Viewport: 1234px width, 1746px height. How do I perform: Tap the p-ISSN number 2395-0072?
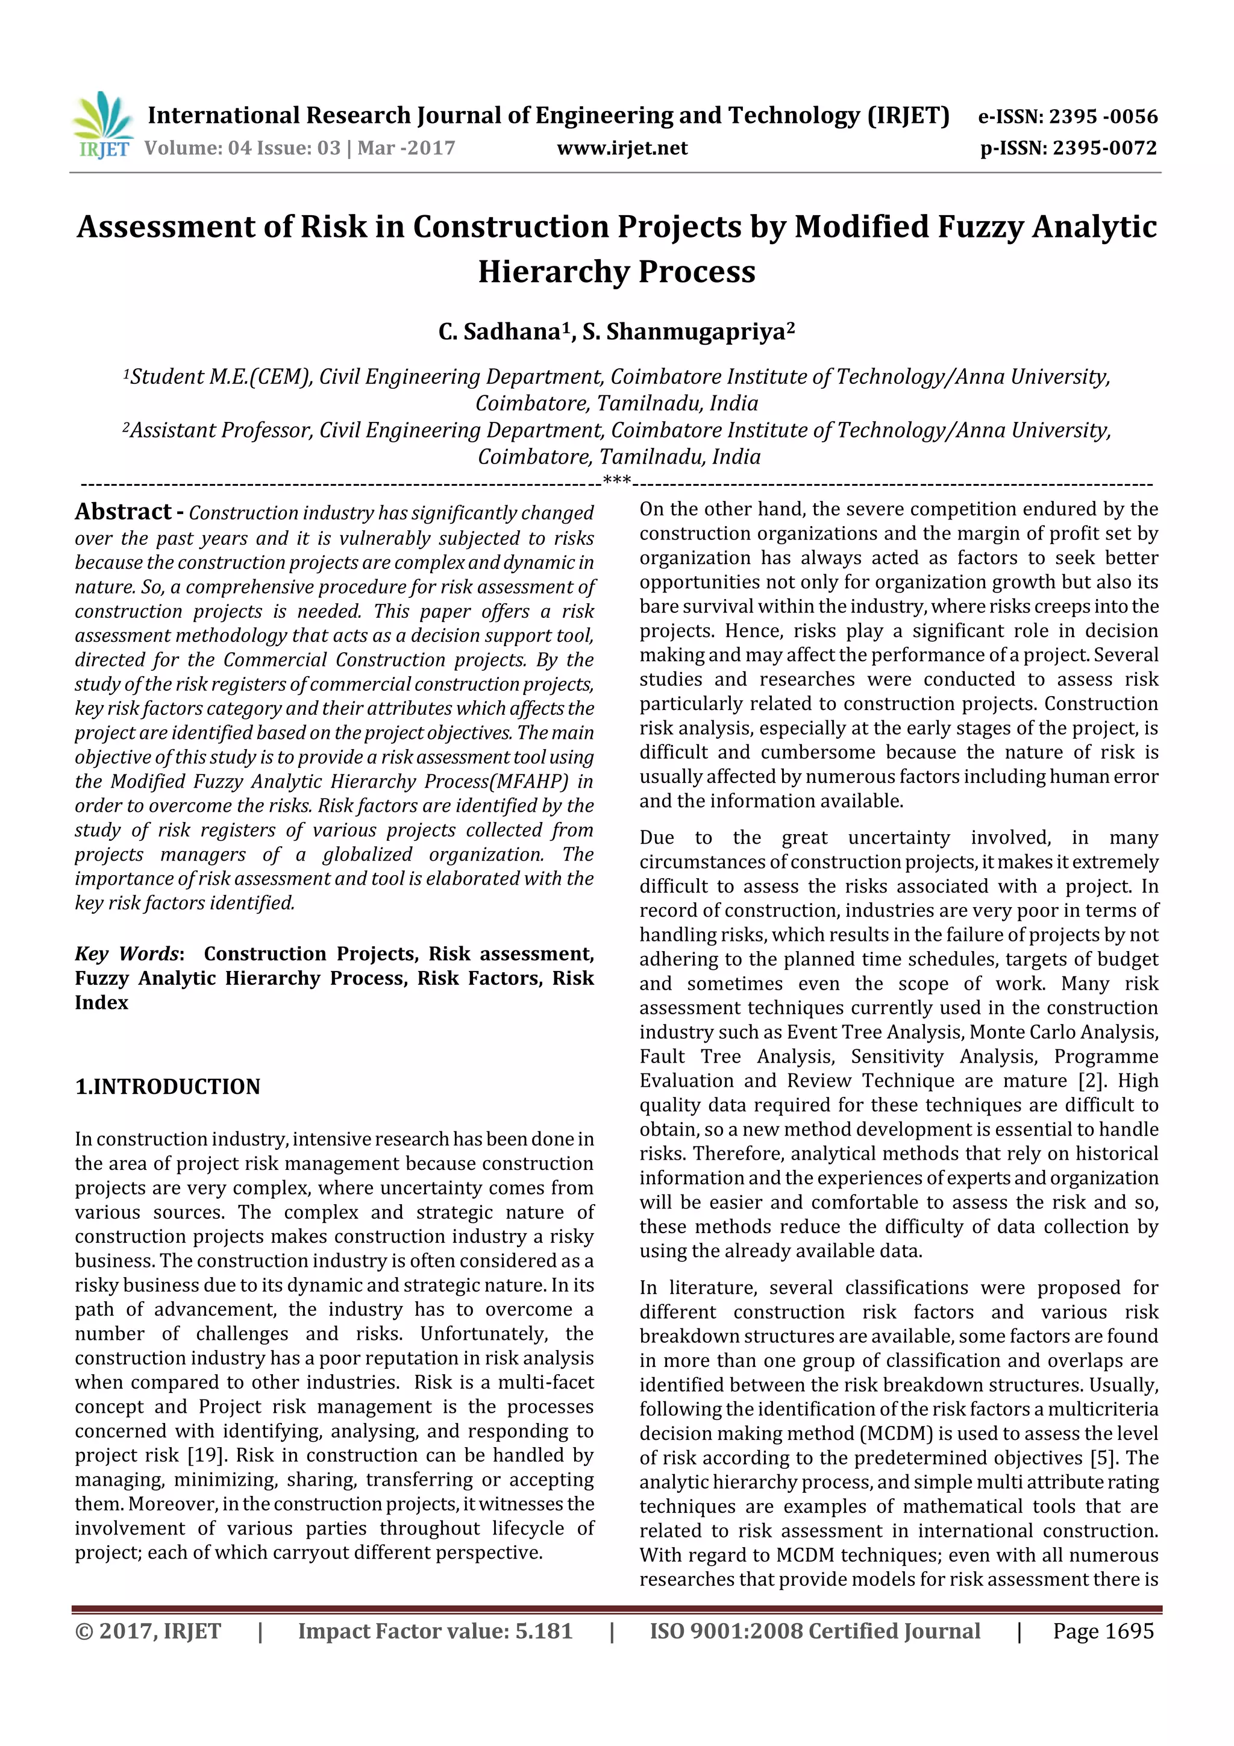pos(1104,148)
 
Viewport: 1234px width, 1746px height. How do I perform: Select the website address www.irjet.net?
pos(622,148)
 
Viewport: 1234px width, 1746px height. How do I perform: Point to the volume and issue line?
pos(299,148)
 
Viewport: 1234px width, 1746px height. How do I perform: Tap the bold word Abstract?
pos(122,512)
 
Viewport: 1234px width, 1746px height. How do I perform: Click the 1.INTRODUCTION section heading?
pos(168,1087)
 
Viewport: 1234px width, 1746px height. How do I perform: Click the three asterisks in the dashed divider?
pos(616,480)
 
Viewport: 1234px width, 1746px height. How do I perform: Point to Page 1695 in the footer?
pos(1103,1631)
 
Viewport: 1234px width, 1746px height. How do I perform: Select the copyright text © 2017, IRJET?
pos(148,1631)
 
